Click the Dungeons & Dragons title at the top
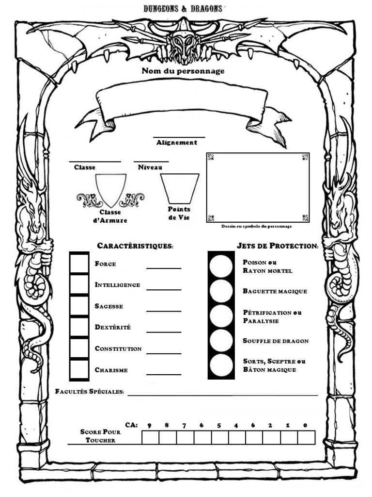click(183, 8)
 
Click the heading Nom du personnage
click(183, 71)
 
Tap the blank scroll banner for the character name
click(182, 104)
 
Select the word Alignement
click(177, 143)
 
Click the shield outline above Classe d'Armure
click(110, 189)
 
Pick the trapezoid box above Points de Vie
click(180, 188)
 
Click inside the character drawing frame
click(258, 187)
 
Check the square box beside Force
click(79, 263)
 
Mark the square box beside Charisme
click(79, 370)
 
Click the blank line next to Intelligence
click(164, 286)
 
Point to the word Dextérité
click(113, 328)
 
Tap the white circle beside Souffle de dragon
click(221, 341)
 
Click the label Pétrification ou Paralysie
click(272, 316)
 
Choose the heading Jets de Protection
click(278, 246)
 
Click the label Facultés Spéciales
click(90, 392)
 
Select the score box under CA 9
click(150, 437)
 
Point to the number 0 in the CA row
click(305, 426)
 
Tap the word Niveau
click(150, 167)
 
